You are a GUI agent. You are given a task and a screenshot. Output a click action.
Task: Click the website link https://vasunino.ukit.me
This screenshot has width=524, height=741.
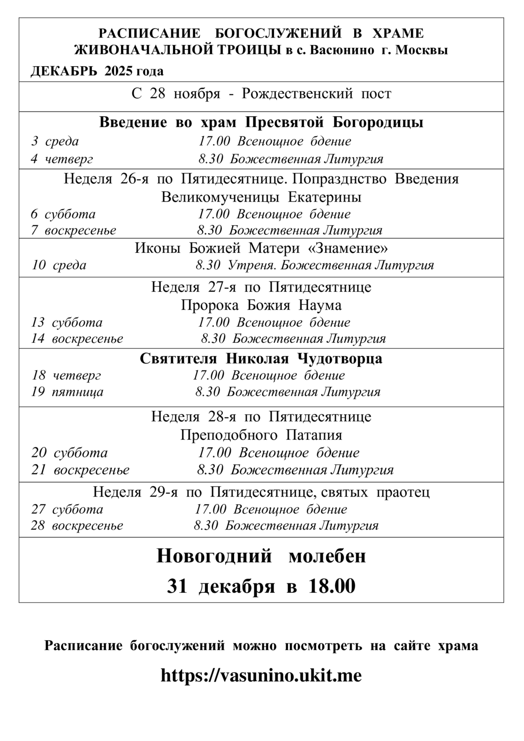261,675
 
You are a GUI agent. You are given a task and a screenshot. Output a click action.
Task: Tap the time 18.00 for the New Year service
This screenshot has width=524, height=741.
332,586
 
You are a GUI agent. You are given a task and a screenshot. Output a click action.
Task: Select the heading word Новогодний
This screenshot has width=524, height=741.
214,556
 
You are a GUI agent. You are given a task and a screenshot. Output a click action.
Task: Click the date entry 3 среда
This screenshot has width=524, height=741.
55,141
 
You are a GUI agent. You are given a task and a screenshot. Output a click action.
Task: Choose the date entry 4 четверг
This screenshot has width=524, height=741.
62,159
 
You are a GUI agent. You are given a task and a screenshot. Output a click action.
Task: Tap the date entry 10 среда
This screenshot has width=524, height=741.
59,265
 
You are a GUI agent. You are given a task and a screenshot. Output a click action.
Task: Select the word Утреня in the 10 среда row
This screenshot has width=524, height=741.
251,265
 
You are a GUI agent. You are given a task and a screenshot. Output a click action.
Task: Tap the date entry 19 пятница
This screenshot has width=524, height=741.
67,392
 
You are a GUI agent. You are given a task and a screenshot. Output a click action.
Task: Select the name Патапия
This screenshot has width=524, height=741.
314,435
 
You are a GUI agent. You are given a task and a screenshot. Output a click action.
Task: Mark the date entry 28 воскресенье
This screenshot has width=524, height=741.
77,525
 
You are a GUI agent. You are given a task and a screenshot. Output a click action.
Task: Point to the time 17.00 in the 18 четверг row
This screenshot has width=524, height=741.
208,375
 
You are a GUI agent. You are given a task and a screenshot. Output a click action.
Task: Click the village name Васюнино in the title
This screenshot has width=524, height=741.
341,50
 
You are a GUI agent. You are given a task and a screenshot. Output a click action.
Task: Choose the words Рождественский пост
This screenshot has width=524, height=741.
317,94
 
